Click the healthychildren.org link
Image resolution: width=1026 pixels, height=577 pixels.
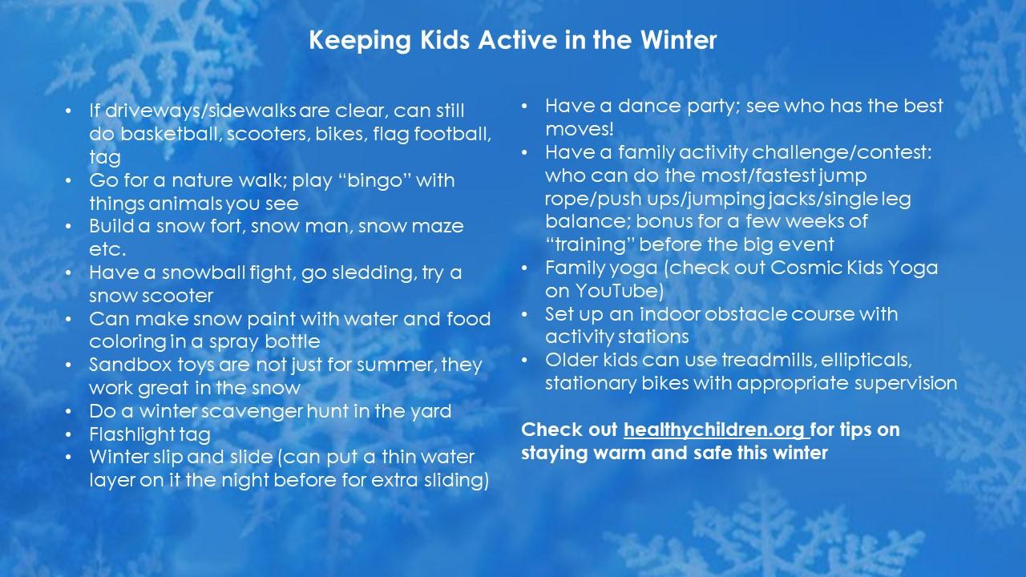pyautogui.click(x=716, y=430)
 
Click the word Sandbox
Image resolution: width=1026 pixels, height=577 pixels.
pyautogui.click(x=125, y=365)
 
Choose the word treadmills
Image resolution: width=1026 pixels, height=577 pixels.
pyautogui.click(x=767, y=360)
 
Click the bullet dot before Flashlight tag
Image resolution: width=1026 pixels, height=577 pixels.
pyautogui.click(x=70, y=435)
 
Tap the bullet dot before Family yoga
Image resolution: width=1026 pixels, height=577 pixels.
pyautogui.click(x=525, y=268)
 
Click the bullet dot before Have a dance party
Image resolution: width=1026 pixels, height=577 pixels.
pyautogui.click(x=525, y=106)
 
